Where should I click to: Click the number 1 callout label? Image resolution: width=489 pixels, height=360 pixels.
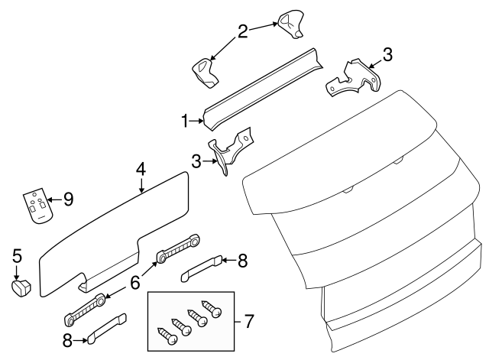click(x=185, y=121)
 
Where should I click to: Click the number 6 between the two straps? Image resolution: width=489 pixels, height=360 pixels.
click(x=134, y=283)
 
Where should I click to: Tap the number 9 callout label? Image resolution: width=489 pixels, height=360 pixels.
click(x=68, y=200)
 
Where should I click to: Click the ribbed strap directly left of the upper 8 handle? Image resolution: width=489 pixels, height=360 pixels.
click(x=178, y=247)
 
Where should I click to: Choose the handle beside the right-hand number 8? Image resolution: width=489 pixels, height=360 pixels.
click(x=202, y=265)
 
